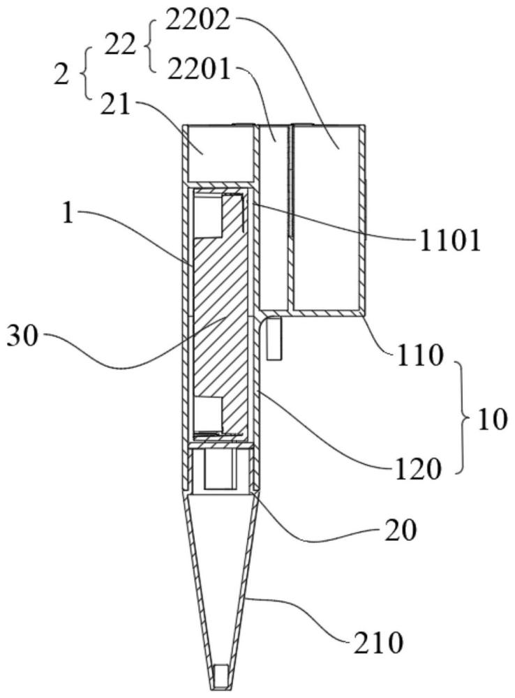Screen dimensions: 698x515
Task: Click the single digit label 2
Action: pos(61,73)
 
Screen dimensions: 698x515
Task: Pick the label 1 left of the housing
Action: pos(67,214)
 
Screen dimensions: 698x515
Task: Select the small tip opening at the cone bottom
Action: pos(221,674)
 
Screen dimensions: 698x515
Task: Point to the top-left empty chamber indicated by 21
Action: pos(216,150)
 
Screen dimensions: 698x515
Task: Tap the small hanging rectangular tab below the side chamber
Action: pos(274,339)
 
